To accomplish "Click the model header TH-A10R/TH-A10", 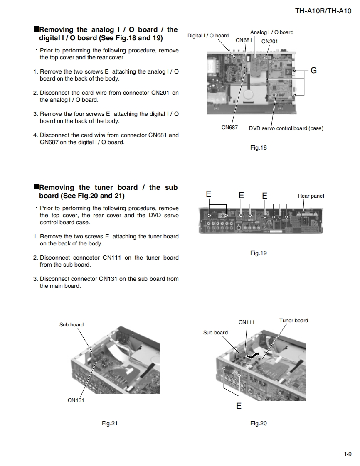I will point(323,11).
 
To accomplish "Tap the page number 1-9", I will point(348,454).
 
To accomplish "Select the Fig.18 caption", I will point(258,147).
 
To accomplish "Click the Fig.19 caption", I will point(258,253).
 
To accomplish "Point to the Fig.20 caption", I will point(258,423).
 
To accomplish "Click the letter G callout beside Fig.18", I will point(313,71).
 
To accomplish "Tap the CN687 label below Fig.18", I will point(229,128).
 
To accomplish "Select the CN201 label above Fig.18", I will point(269,41).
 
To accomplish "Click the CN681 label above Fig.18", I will point(244,40).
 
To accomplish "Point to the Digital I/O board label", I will point(208,36).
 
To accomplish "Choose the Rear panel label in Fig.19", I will point(311,196).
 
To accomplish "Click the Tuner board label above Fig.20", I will point(293,321).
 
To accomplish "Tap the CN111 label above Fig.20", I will point(247,322).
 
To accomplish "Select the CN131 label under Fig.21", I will point(76,400).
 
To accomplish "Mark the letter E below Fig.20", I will point(239,406).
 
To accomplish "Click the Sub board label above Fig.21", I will point(72,325).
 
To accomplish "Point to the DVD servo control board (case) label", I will point(286,128).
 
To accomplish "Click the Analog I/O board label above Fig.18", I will point(271,32).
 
